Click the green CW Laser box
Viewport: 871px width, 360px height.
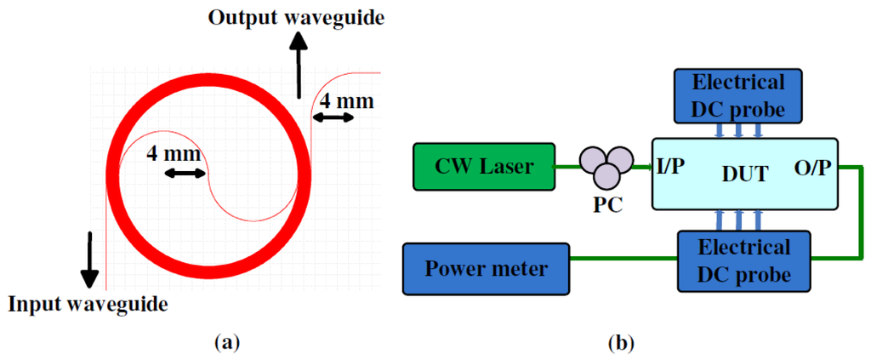click(x=482, y=165)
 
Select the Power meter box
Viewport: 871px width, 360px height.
click(x=487, y=269)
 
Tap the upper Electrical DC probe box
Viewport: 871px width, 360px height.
click(x=738, y=94)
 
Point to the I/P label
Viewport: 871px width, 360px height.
click(x=670, y=165)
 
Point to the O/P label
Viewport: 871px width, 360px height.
click(x=814, y=165)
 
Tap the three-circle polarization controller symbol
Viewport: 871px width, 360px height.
click(x=605, y=165)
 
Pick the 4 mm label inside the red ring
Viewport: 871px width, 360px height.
click(x=174, y=154)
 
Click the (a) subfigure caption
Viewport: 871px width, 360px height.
click(x=225, y=342)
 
